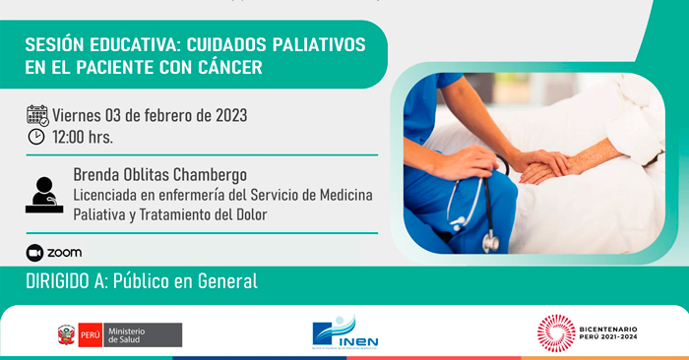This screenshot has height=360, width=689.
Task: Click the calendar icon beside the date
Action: point(37,115)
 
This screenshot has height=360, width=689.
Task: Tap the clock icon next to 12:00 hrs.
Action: point(36,137)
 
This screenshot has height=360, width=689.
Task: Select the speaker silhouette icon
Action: point(43,193)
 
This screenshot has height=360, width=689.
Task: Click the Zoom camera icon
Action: point(35,252)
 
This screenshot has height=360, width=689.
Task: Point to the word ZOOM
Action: point(65,253)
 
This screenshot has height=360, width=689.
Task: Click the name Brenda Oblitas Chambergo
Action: point(159,174)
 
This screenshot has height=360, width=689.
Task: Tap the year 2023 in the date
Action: point(226,115)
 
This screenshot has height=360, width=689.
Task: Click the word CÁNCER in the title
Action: point(226,68)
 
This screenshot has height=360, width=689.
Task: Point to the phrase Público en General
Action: point(185,281)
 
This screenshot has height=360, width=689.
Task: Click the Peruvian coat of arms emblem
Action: point(66,335)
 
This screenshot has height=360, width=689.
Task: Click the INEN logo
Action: point(344,332)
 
